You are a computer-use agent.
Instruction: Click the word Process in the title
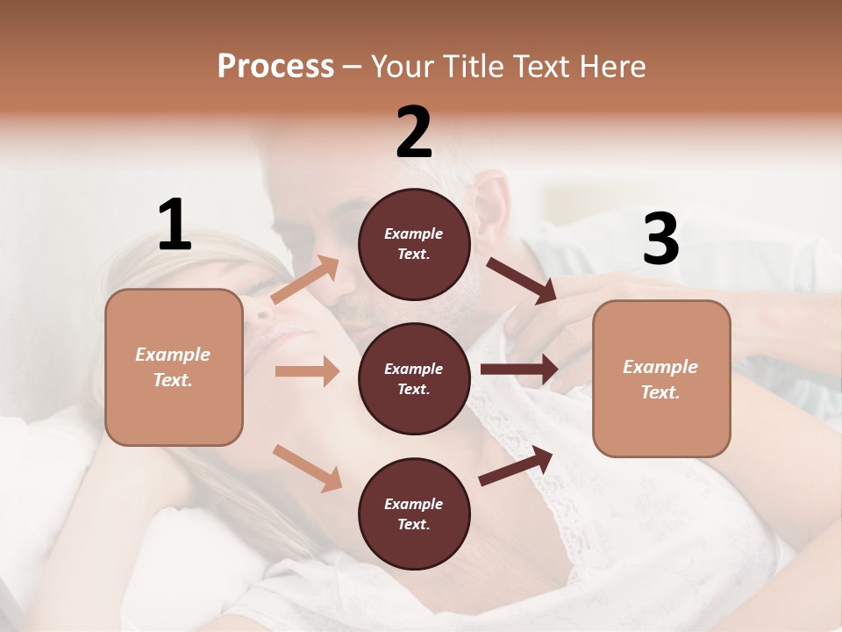point(275,66)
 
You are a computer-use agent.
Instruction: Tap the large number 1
point(174,226)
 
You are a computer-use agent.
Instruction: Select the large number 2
point(414,133)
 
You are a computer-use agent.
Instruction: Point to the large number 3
point(660,239)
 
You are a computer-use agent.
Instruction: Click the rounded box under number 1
point(174,367)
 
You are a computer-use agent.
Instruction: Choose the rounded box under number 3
point(661,379)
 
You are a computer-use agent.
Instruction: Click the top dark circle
point(414,244)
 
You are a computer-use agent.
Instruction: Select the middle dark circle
point(414,379)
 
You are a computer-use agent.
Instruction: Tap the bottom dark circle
point(414,514)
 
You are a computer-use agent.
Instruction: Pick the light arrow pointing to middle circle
point(307,371)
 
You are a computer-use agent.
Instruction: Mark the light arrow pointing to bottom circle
point(308,467)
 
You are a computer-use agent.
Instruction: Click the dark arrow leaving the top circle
point(522,280)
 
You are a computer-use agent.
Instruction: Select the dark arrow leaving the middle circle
point(519,370)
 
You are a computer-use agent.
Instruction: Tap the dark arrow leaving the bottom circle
point(516,465)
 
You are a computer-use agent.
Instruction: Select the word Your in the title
point(399,66)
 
